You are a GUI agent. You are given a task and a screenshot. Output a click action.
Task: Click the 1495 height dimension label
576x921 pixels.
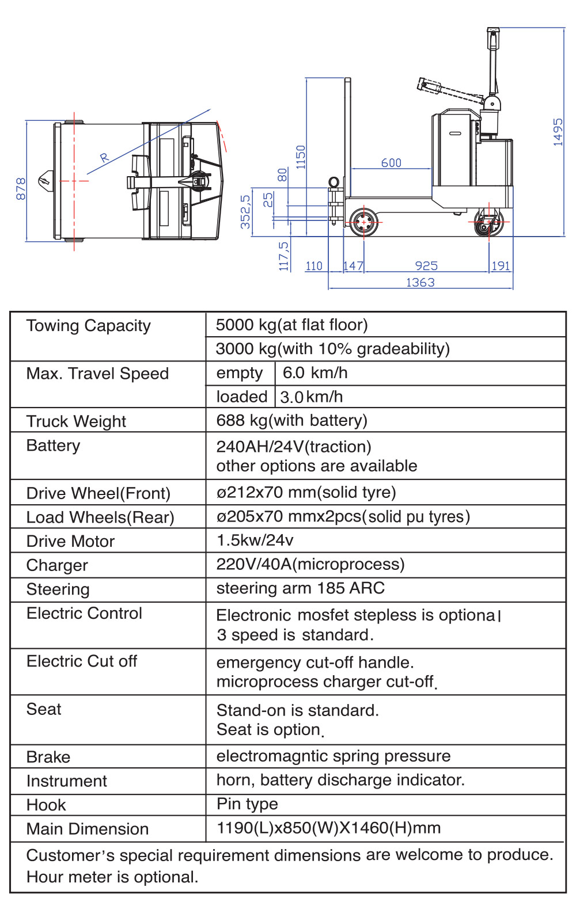(558, 132)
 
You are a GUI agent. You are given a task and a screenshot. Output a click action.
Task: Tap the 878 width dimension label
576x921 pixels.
(21, 189)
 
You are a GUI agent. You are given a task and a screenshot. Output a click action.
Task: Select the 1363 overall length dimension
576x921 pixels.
(420, 282)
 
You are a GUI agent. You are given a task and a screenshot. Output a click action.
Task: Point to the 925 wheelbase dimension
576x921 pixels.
(426, 265)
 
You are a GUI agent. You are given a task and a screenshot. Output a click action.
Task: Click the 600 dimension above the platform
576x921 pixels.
(391, 163)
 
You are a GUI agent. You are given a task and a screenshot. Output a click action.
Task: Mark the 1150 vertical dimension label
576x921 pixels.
(301, 157)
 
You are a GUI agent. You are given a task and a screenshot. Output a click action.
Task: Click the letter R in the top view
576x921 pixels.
(104, 157)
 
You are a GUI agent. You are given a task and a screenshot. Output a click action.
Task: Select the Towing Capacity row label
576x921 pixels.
(88, 326)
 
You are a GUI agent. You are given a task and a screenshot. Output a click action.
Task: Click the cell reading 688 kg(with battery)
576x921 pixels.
(291, 420)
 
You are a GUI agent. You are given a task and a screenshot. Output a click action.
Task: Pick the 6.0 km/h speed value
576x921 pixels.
(314, 373)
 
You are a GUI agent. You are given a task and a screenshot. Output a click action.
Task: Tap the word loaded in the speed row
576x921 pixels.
(241, 397)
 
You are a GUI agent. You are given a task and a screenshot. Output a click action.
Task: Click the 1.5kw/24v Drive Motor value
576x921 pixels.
(255, 540)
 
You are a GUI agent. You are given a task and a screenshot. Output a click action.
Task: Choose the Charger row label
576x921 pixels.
(57, 565)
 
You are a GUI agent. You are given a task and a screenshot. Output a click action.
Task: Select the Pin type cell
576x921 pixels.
(247, 804)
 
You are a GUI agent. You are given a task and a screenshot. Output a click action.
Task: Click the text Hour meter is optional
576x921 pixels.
(112, 877)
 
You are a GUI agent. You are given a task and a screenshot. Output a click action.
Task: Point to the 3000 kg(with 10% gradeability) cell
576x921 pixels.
(332, 349)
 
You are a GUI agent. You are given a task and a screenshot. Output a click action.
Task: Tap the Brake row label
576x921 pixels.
(48, 757)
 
